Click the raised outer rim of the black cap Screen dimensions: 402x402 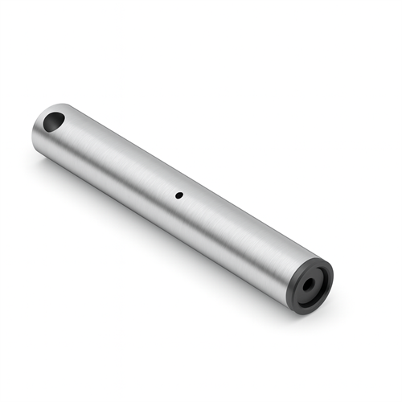[x=326, y=269]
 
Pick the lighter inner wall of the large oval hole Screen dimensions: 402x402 [x=59, y=118]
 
